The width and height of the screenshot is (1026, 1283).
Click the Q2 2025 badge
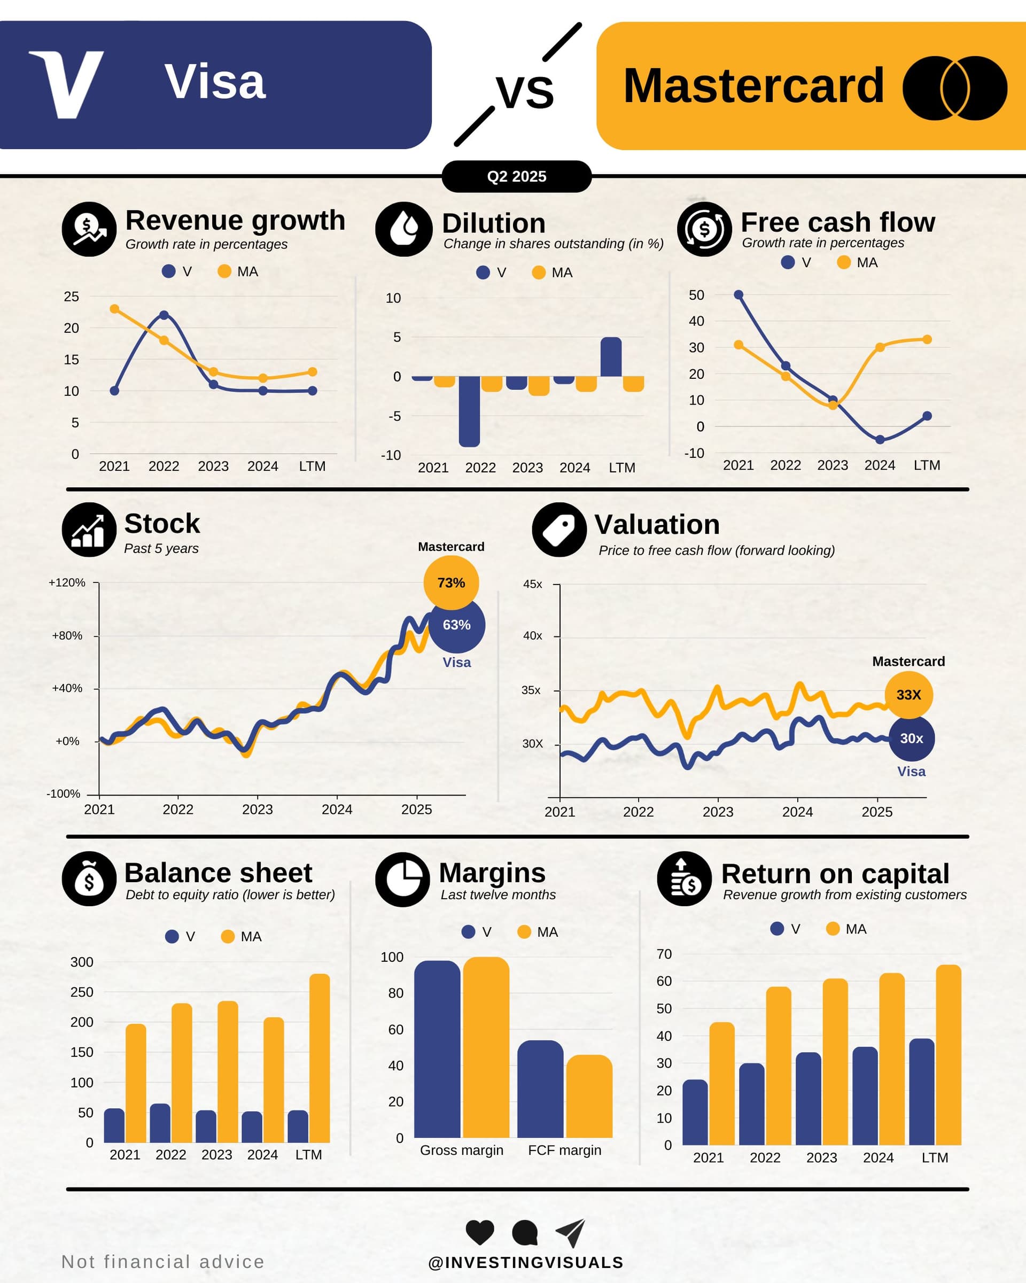click(517, 176)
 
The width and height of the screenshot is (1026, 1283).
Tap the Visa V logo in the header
click(67, 84)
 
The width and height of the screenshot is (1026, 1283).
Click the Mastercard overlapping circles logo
click(954, 88)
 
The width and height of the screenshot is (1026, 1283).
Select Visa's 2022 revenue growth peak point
click(164, 315)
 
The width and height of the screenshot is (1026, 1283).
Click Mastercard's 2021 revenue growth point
click(114, 309)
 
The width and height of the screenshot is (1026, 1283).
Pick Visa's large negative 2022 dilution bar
click(469, 410)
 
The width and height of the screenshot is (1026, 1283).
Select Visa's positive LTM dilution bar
click(611, 357)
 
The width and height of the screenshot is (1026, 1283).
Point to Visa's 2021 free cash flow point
click(738, 294)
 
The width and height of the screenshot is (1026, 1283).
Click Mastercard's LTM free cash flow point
click(927, 339)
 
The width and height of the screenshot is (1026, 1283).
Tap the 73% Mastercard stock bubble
click(451, 582)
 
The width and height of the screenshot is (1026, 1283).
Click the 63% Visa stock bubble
click(456, 625)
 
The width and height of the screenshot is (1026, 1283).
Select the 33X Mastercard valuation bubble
click(908, 695)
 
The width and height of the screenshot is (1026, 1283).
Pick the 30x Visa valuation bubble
click(911, 738)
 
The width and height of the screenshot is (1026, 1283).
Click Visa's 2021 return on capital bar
click(695, 1112)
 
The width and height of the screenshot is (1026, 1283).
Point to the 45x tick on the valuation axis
click(533, 585)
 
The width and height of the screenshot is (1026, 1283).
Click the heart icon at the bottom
click(480, 1232)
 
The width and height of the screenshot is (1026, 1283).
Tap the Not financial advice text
click(162, 1262)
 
